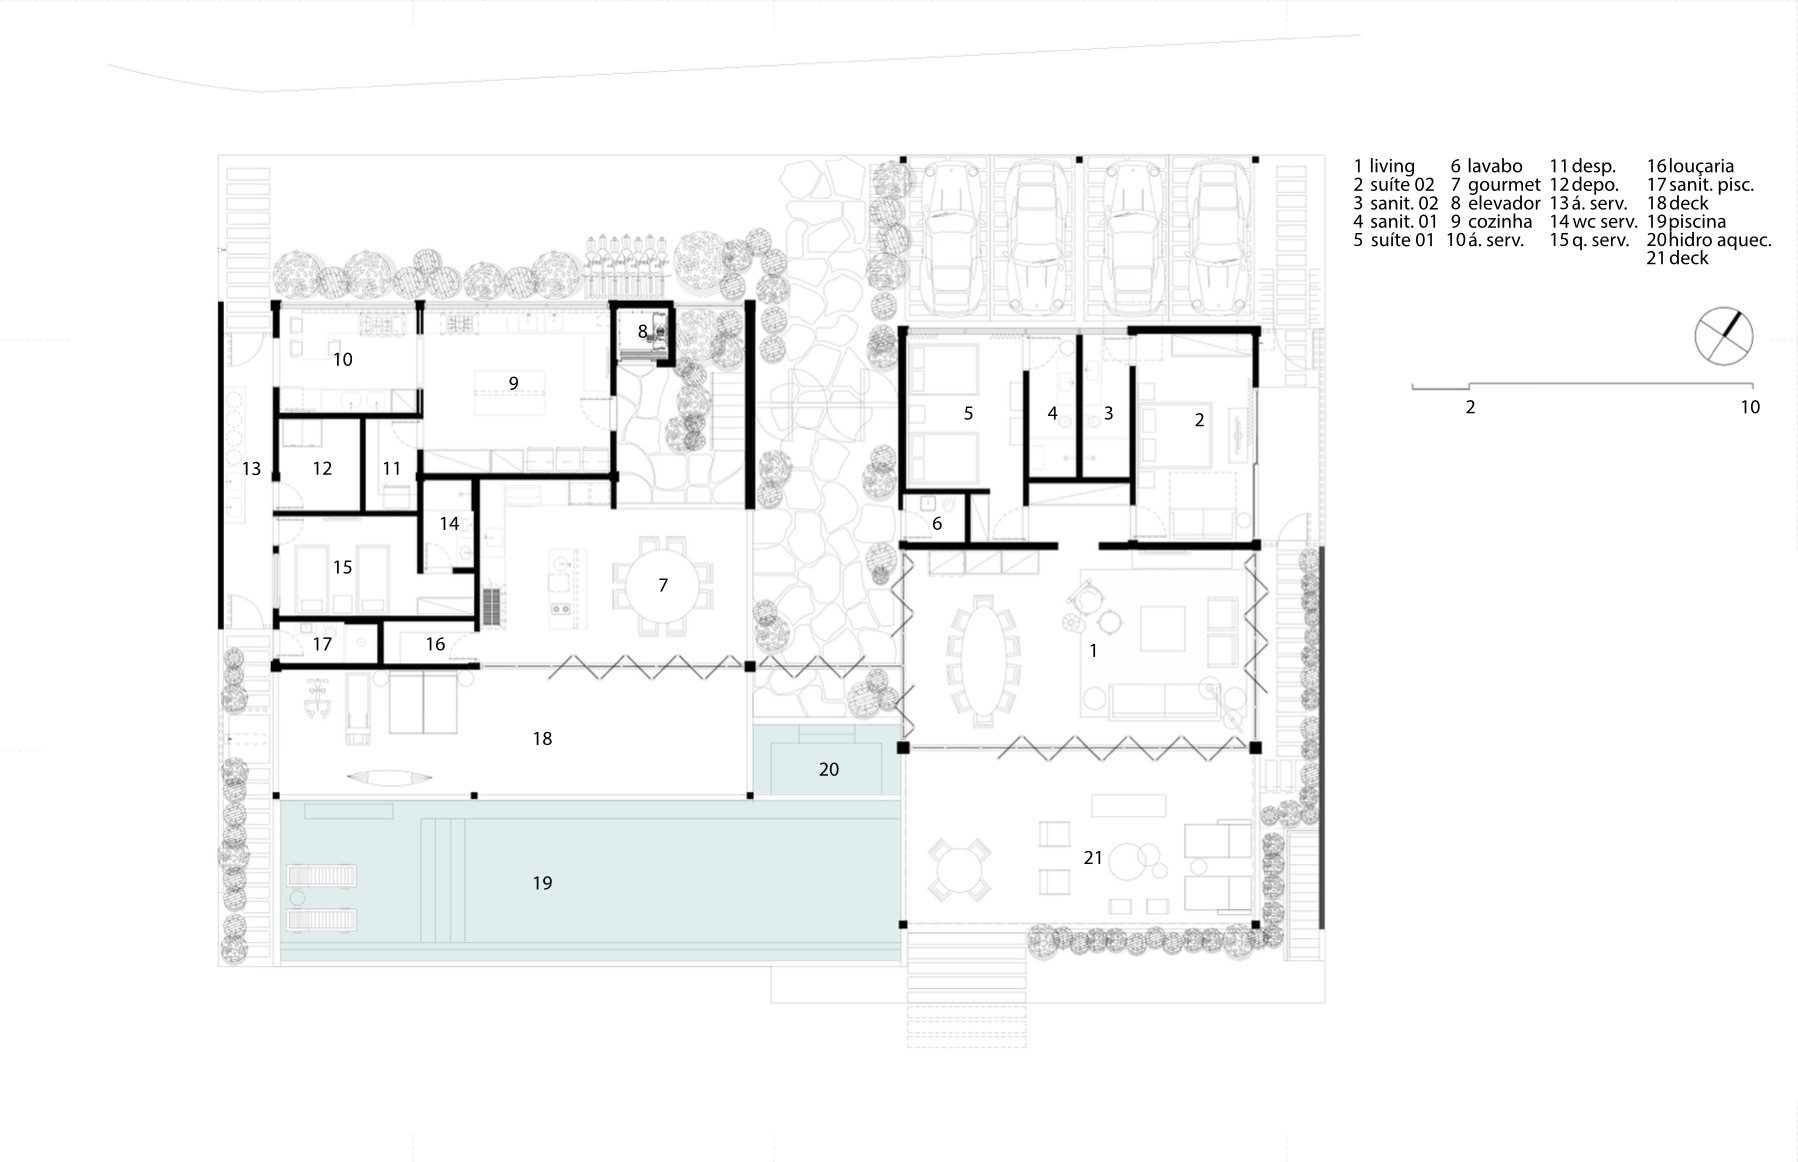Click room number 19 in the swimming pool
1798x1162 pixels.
[542, 883]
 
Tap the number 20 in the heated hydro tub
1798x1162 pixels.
[829, 770]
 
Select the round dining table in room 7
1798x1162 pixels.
[663, 586]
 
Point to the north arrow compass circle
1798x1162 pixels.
[1724, 336]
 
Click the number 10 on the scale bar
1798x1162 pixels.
[1750, 407]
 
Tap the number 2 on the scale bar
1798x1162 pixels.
[1470, 407]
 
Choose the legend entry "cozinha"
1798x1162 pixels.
[1500, 221]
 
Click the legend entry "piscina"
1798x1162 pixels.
[1697, 221]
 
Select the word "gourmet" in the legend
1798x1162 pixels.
[1504, 185]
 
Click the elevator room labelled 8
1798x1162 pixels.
[643, 331]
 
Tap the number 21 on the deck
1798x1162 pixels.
[1093, 858]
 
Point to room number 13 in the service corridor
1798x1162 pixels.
[251, 469]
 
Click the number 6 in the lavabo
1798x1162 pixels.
[937, 524]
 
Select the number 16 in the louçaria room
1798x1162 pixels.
[435, 645]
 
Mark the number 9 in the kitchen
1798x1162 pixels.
[513, 383]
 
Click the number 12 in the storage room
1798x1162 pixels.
[322, 469]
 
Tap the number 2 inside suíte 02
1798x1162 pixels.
[1200, 421]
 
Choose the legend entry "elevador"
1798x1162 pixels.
[1504, 203]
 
